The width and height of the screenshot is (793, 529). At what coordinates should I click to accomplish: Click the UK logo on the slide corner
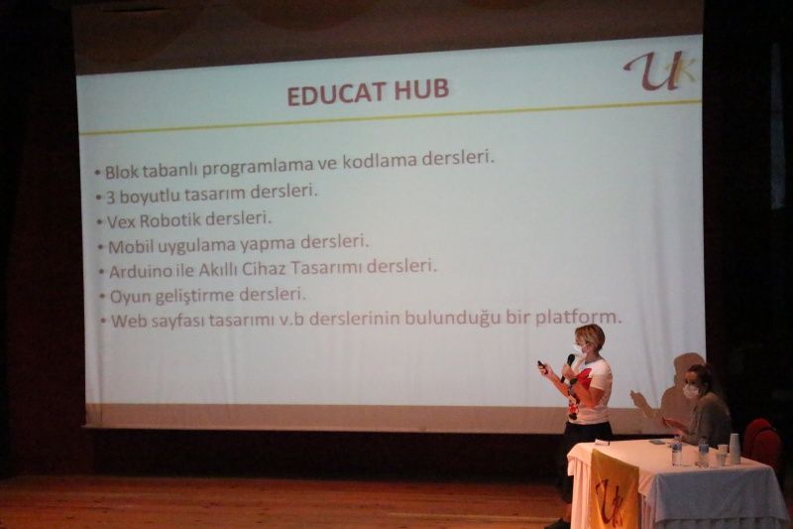pos(659,72)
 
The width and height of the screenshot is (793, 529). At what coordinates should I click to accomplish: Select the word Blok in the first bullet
pos(121,172)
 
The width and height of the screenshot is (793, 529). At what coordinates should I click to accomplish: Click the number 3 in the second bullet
pos(110,198)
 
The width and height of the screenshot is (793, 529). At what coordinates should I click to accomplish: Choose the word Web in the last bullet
pos(127,321)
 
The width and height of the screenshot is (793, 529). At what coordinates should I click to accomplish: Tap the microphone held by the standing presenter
pos(568,365)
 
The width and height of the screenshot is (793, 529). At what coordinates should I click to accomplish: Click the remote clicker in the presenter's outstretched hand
pos(542,366)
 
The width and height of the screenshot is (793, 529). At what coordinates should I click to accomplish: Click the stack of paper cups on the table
pos(734,448)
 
